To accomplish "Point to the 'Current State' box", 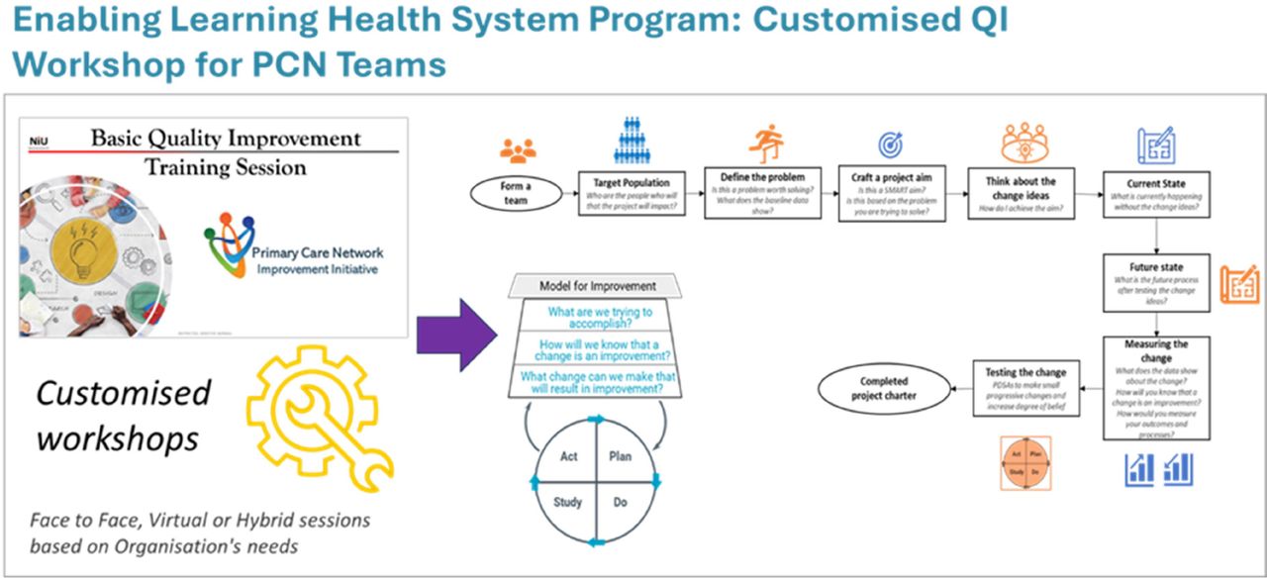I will point(1156,196).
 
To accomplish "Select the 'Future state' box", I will point(1156,284).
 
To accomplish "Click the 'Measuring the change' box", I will point(1156,387).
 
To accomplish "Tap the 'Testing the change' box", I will point(1025,387).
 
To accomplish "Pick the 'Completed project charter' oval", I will point(883,387).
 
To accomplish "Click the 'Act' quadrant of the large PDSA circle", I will point(569,456).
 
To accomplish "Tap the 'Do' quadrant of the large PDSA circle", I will point(621,502).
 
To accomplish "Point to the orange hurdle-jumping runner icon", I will point(762,144).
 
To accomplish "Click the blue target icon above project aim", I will point(891,144).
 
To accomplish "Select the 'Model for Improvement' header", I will point(597,286).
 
